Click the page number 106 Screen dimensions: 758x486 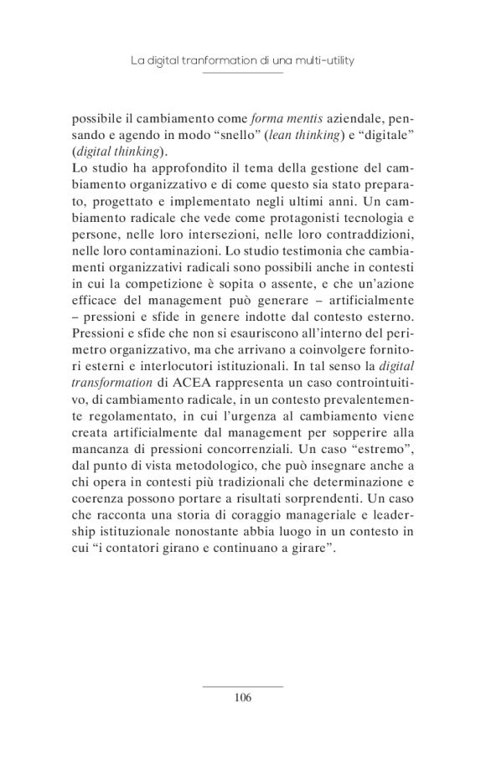(x=243, y=696)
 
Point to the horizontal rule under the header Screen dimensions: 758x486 (x=243, y=73)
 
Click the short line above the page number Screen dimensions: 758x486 (x=243, y=685)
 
